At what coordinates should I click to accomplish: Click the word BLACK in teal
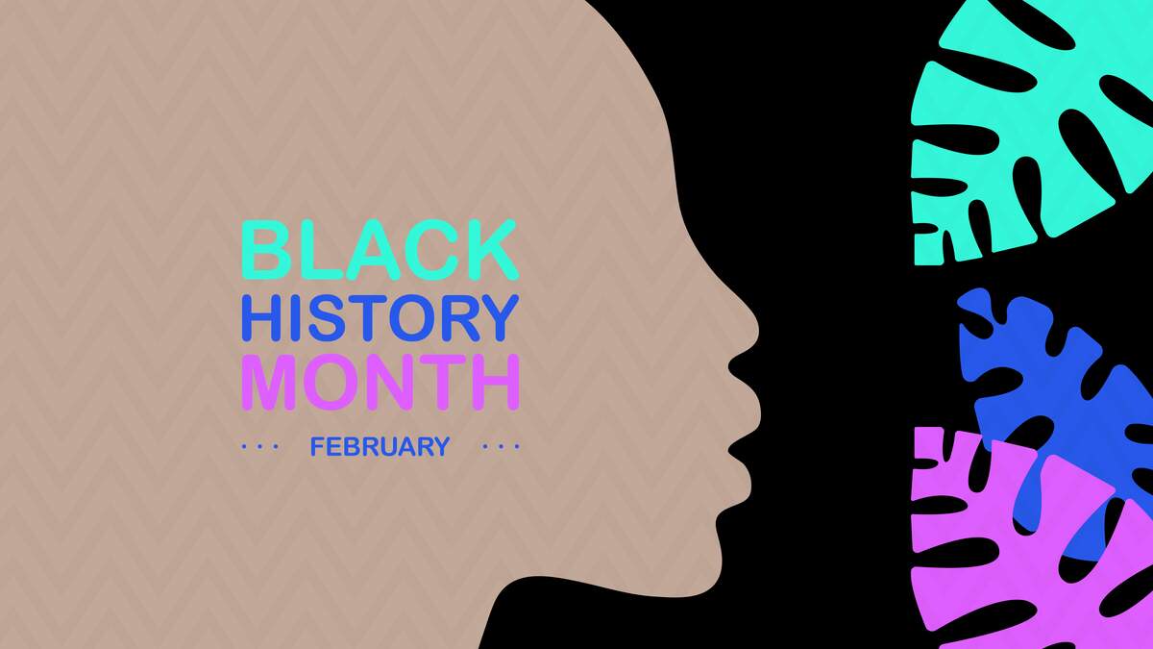tap(380, 250)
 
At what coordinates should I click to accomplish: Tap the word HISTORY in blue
tap(380, 318)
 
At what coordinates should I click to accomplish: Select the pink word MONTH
tap(380, 382)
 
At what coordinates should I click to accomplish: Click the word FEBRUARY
tap(380, 446)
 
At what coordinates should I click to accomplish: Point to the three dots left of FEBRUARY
tap(260, 446)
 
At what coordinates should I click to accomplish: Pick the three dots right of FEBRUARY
tap(501, 446)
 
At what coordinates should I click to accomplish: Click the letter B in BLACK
tap(264, 250)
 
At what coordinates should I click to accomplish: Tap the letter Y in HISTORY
tap(498, 318)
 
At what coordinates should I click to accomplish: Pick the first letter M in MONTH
tap(268, 382)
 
